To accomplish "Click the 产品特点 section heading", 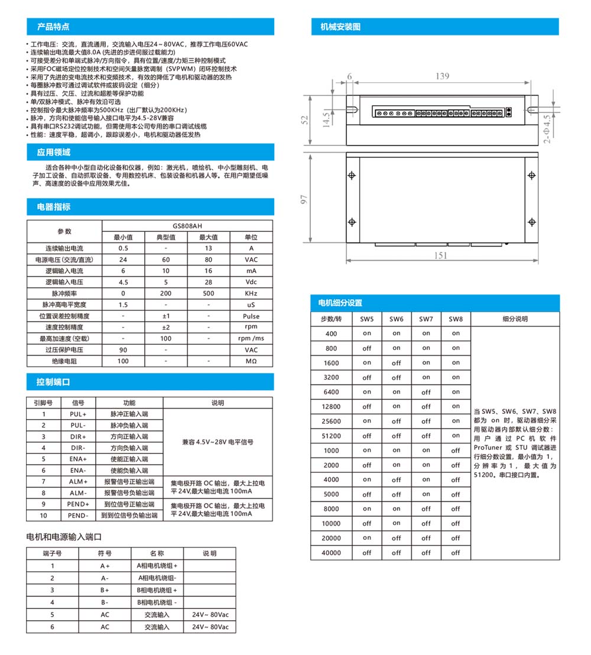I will (53, 27).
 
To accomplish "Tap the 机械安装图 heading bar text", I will (340, 27).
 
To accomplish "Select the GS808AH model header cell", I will (187, 226).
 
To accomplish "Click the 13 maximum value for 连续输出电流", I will (209, 248).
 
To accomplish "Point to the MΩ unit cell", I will (251, 361).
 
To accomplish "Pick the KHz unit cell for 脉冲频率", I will (251, 293).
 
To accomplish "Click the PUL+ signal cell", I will (78, 414).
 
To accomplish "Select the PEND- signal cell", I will (78, 515).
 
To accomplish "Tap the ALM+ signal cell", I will (78, 482).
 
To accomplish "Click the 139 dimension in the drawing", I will (441, 76).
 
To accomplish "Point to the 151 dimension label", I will (441, 255).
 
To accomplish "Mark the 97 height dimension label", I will (304, 200).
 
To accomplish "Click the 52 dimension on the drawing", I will (304, 119).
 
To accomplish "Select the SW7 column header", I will (426, 319).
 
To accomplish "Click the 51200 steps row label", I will (332, 436).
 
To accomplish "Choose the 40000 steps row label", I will (332, 553).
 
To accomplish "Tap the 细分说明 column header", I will (515, 319).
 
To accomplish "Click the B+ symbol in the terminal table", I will (105, 590).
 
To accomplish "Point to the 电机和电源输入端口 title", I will (65, 537).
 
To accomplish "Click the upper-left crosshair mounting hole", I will (352, 176).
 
